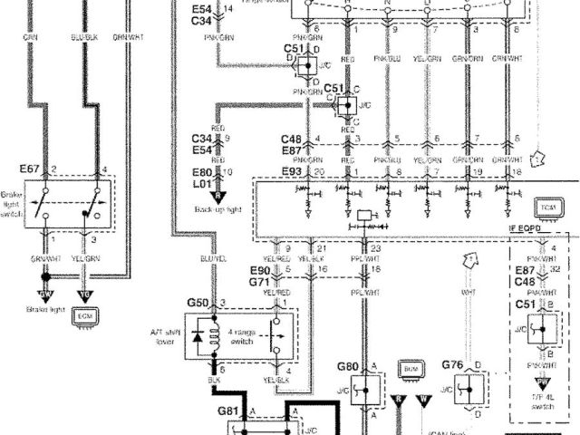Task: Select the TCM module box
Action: point(546,208)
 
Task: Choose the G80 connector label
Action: point(348,367)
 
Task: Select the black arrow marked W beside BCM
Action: point(422,398)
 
